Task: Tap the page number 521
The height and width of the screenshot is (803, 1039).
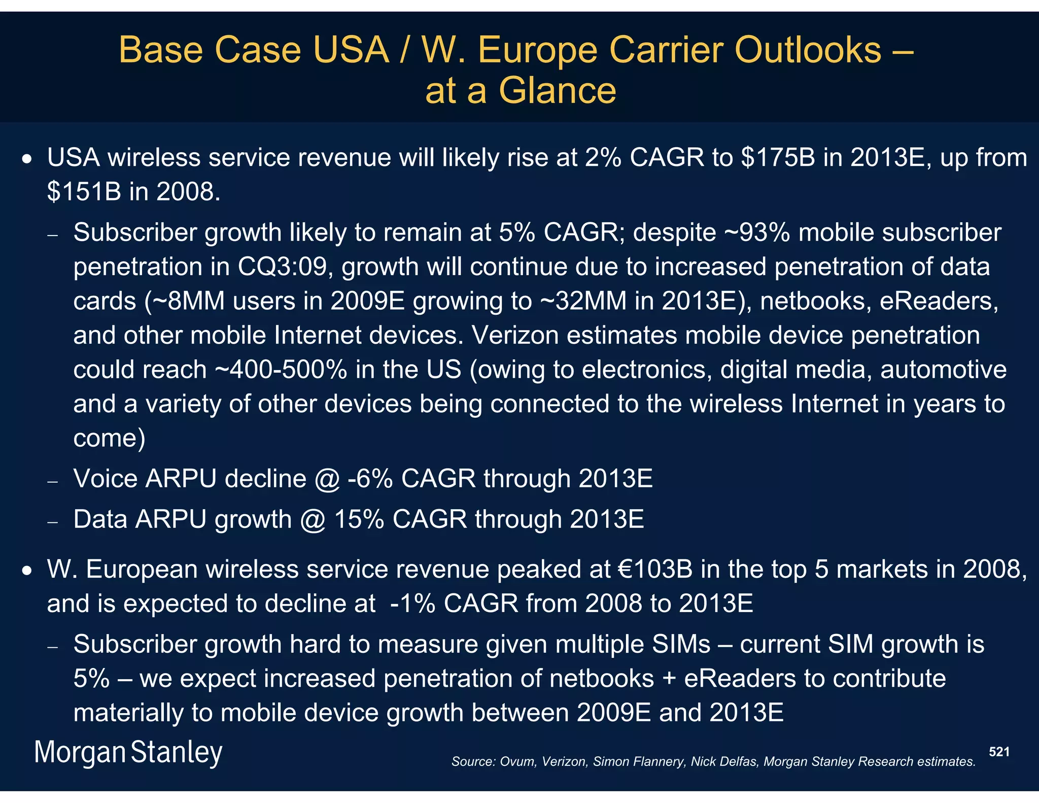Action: pyautogui.click(x=999, y=752)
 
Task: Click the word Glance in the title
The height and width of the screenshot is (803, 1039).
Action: pyautogui.click(x=557, y=91)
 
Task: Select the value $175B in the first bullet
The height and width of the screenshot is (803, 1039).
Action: pyautogui.click(x=778, y=157)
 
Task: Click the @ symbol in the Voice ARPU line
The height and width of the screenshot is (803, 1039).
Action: pyautogui.click(x=327, y=479)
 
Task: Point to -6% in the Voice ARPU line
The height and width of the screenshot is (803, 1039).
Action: pyautogui.click(x=370, y=479)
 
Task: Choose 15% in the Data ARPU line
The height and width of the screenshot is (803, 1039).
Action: pyautogui.click(x=359, y=520)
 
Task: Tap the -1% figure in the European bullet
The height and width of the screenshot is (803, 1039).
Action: pyautogui.click(x=412, y=604)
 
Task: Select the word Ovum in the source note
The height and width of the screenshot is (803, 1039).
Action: pyautogui.click(x=517, y=762)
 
